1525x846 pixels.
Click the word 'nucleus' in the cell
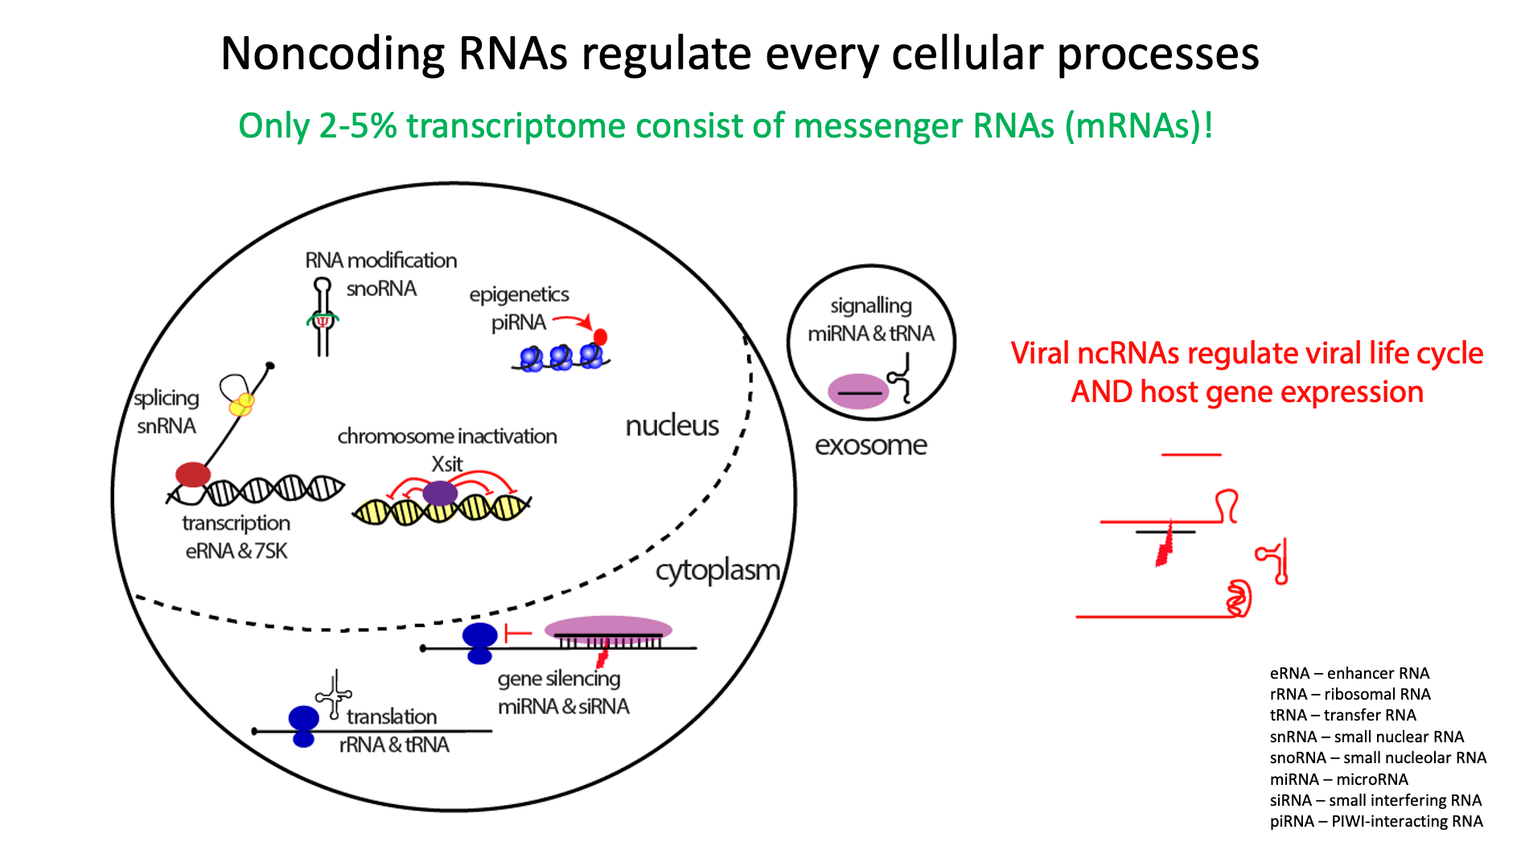(672, 425)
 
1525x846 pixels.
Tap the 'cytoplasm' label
(717, 571)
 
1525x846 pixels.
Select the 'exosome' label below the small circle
(871, 445)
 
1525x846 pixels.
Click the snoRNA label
(381, 289)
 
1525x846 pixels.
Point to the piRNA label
(519, 322)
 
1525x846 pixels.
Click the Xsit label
(447, 464)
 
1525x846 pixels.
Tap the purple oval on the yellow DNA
(440, 493)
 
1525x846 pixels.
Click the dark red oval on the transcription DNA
(193, 474)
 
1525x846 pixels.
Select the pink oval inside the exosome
(858, 392)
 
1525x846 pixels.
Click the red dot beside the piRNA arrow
(600, 337)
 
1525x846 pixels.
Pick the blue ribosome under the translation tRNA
(303, 725)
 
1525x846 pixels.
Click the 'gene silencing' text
(559, 679)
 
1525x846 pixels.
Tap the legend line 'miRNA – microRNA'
(1339, 779)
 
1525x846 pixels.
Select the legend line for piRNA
(1376, 821)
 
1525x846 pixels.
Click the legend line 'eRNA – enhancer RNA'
(1350, 673)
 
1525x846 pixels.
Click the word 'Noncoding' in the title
(333, 55)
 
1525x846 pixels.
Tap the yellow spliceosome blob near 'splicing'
(241, 405)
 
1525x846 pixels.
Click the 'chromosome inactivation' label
(447, 437)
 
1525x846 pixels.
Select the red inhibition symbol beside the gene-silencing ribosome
(517, 633)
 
